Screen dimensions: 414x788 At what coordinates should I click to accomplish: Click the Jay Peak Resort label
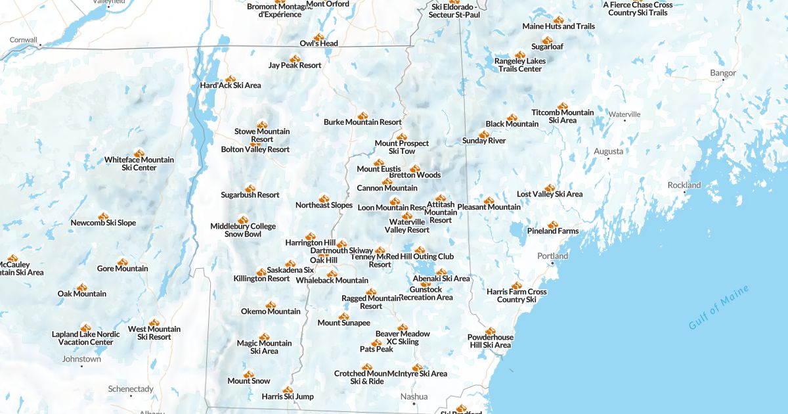coord(295,65)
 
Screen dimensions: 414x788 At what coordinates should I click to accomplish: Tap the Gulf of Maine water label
coord(718,308)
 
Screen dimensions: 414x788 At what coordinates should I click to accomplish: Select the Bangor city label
coord(723,73)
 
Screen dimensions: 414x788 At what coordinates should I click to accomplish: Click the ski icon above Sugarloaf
coord(547,39)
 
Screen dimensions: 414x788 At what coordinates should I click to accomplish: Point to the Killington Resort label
coord(261,279)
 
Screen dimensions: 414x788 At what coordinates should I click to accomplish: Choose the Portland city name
coord(552,256)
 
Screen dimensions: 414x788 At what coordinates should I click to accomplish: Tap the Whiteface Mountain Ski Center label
coord(139,164)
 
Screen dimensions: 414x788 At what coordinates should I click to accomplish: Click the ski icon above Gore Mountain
coord(123,262)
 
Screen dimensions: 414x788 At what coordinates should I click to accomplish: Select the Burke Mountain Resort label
coord(362,122)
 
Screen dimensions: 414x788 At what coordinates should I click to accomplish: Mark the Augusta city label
coord(608,151)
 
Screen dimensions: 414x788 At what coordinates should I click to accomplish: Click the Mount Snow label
coord(249,380)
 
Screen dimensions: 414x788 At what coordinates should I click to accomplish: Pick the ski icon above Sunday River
coord(484,133)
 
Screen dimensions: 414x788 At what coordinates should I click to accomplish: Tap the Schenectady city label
coord(131,388)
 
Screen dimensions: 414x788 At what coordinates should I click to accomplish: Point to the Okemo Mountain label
coord(271,311)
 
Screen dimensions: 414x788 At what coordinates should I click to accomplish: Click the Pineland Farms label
coord(552,231)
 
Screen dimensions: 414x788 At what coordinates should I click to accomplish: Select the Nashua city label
coord(414,396)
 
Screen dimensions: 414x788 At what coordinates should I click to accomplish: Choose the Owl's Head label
coord(318,44)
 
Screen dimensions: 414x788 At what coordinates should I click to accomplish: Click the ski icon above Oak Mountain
coord(82,287)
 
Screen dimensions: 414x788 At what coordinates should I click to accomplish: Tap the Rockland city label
coord(684,185)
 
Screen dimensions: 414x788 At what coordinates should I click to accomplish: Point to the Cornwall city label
coord(23,39)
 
